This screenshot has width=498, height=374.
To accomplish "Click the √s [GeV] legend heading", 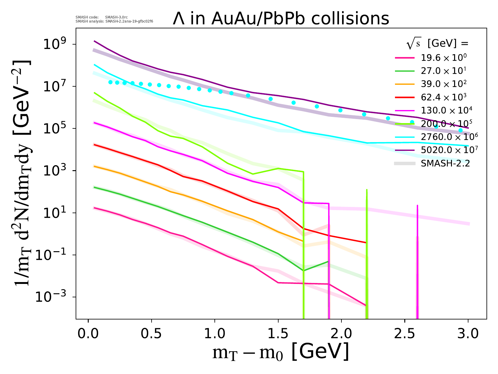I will click(x=437, y=44).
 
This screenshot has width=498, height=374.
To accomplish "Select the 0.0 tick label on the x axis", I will click(x=88, y=333).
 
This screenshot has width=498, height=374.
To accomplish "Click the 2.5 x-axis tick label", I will click(x=405, y=333).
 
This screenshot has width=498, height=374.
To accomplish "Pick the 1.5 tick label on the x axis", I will click(x=278, y=333).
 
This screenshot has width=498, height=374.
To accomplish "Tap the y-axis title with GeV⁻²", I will click(x=22, y=173).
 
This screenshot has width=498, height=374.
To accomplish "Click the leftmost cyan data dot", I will click(x=110, y=82).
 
